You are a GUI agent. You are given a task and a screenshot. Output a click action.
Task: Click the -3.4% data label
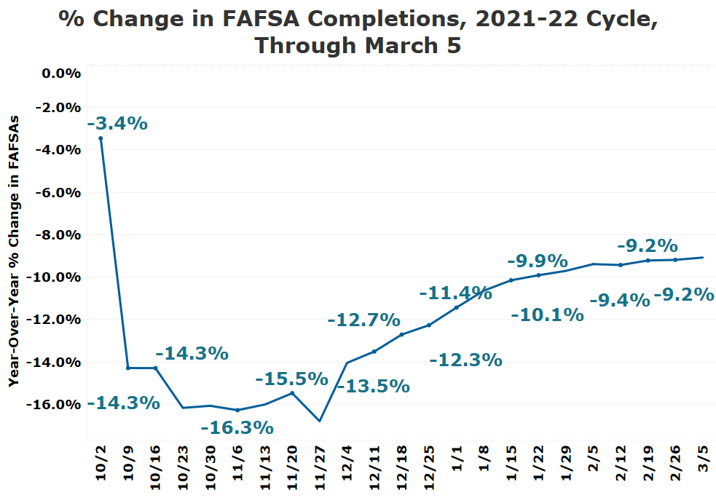pyautogui.click(x=117, y=123)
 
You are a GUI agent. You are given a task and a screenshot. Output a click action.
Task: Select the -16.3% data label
pyautogui.click(x=237, y=427)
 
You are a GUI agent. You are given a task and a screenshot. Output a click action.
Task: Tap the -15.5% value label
pyautogui.click(x=291, y=379)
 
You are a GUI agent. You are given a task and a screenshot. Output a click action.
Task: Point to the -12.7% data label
pyautogui.click(x=363, y=320)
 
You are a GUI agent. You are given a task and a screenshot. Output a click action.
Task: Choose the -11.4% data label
pyautogui.click(x=455, y=293)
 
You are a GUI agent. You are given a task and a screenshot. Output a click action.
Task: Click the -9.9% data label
pyautogui.click(x=537, y=261)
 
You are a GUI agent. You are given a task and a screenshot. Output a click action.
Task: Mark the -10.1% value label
pyautogui.click(x=547, y=315)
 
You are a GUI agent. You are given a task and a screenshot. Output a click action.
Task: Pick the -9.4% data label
pyautogui.click(x=619, y=300)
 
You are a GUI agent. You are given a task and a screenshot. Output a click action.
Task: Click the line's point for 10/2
pyautogui.click(x=101, y=138)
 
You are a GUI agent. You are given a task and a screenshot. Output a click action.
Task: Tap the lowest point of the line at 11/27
pyautogui.click(x=319, y=421)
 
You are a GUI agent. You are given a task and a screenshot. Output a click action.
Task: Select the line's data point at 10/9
pyautogui.click(x=128, y=368)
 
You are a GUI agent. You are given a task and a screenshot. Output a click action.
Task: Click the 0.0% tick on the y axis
pyautogui.click(x=60, y=74)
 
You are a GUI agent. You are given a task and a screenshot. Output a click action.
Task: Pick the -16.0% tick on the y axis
pyautogui.click(x=55, y=405)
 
